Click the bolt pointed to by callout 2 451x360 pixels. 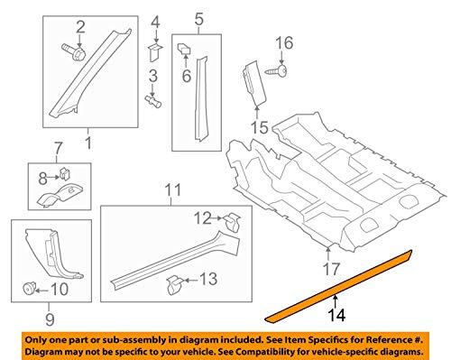point(74,52)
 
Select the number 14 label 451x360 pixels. point(336,315)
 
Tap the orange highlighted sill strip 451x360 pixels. point(338,287)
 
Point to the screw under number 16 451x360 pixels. point(276,72)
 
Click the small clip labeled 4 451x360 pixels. point(155,52)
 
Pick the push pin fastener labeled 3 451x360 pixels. point(153,101)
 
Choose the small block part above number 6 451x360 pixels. point(184,48)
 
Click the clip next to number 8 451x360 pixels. point(65,173)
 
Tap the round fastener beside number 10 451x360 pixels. point(30,288)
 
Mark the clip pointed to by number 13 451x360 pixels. point(175,284)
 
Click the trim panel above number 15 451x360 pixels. point(254,82)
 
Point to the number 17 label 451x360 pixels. point(331,269)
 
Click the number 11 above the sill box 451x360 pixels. point(173,190)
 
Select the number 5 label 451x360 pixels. point(199,19)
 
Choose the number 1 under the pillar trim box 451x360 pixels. point(88,143)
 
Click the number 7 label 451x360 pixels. point(58,149)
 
